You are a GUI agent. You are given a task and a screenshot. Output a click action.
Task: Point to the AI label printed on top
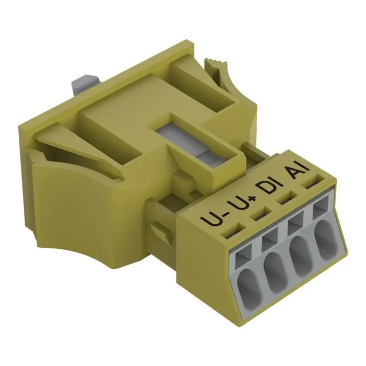pyautogui.click(x=296, y=172)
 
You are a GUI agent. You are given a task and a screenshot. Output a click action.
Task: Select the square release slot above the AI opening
pyautogui.click(x=320, y=212)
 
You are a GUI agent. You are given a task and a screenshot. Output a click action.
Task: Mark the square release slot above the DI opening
pyautogui.click(x=294, y=226)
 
